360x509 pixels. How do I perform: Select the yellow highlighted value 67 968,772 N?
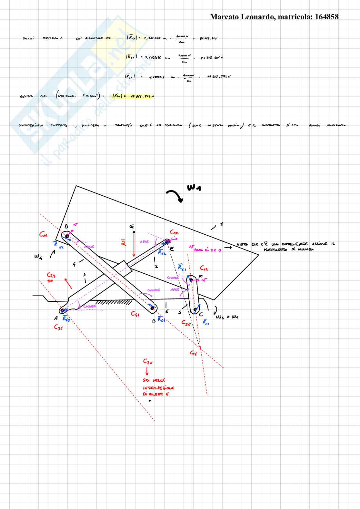[142, 96]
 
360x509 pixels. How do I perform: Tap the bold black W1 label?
[194, 187]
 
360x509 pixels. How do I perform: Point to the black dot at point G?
[134, 232]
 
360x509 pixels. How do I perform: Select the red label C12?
[174, 232]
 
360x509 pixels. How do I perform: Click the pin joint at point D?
[67, 236]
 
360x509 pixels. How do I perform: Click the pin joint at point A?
[62, 311]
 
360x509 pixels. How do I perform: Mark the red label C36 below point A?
[58, 327]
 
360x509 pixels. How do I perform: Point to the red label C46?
[135, 313]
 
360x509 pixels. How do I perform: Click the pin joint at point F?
[191, 280]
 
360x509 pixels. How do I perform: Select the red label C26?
[148, 362]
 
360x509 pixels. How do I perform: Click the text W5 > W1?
[227, 317]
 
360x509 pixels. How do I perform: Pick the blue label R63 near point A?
[66, 319]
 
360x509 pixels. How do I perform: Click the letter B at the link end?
[154, 321]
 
